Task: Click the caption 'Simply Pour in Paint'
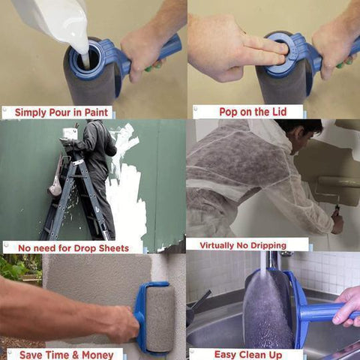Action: click(58, 112)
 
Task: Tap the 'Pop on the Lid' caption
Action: click(250, 112)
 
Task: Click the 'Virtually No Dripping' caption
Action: click(253, 244)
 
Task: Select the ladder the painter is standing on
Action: click(75, 195)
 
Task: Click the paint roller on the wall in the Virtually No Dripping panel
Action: click(337, 181)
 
